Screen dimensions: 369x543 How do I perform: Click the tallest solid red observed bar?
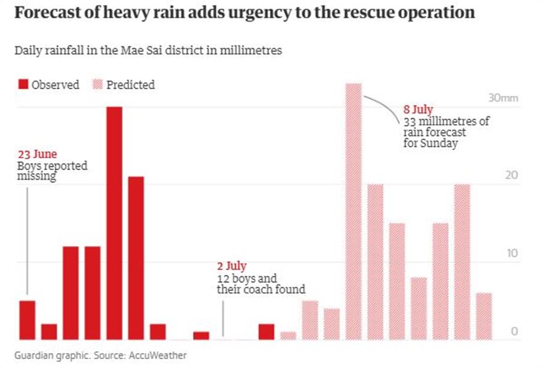pyautogui.click(x=114, y=223)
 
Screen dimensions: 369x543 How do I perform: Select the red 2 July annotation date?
pyautogui.click(x=232, y=266)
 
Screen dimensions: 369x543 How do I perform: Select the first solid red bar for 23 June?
pyautogui.click(x=27, y=320)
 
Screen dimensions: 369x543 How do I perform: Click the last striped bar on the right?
pyautogui.click(x=484, y=316)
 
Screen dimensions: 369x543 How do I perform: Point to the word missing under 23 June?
pyautogui.click(x=36, y=177)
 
